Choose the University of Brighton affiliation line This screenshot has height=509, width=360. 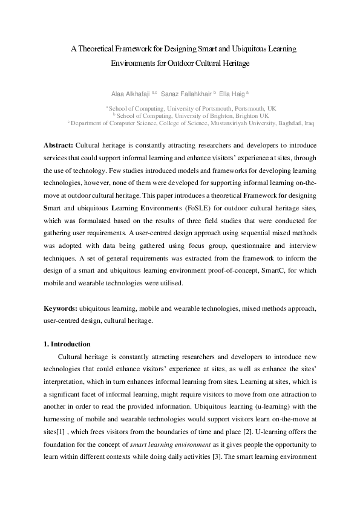(x=180, y=115)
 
